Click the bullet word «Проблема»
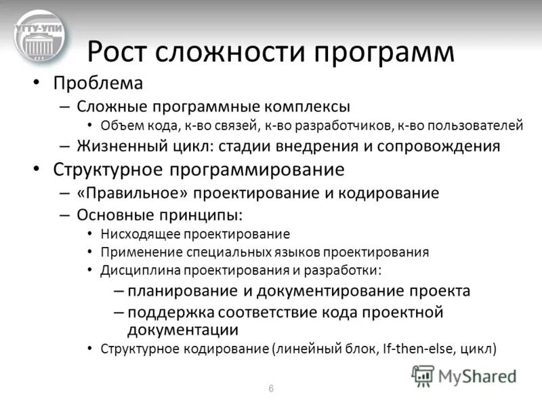coord(98,84)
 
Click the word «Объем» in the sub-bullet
coord(119,125)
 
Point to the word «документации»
coord(183,330)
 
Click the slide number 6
coord(271,389)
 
